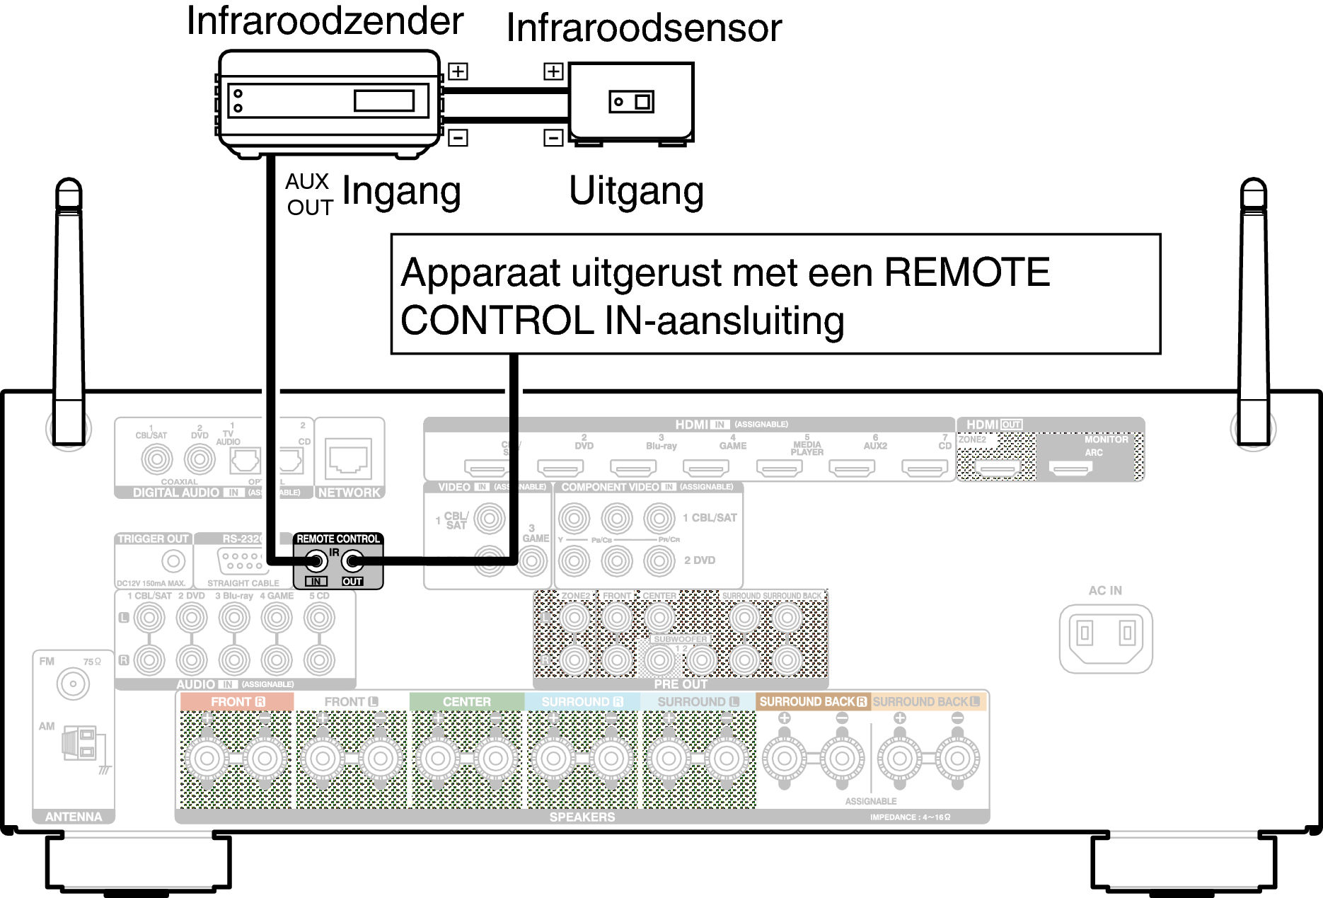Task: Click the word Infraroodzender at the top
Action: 325,21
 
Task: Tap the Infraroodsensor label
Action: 644,28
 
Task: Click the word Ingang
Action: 401,191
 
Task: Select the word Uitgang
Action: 636,191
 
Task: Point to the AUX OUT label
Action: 309,194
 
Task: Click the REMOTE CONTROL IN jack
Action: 316,562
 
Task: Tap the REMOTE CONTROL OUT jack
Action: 352,562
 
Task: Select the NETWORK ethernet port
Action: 349,459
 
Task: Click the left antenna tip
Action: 69,190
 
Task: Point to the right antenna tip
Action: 1253,190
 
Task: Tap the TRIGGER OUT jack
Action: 173,561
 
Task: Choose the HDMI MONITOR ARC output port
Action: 1070,467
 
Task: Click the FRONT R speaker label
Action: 237,701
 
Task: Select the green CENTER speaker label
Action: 466,701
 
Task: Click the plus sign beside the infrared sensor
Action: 553,71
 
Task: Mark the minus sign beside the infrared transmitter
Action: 458,137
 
